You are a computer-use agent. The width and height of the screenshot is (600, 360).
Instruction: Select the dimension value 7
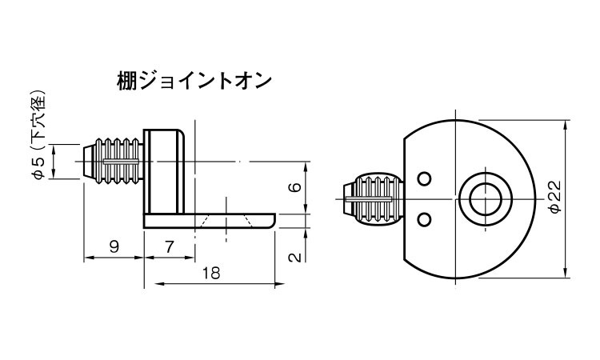(169, 246)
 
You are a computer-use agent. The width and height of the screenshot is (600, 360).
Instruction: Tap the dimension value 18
(210, 273)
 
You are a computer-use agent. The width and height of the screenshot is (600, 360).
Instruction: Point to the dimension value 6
(294, 187)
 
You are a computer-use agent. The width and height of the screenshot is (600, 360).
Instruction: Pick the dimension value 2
(294, 256)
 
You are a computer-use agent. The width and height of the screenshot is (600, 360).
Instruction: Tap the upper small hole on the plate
(425, 178)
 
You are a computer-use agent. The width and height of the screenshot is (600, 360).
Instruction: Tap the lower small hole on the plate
(425, 218)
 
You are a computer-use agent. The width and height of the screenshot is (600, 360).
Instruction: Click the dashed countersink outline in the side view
(227, 221)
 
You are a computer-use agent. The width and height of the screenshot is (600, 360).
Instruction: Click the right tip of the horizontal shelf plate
(272, 220)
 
